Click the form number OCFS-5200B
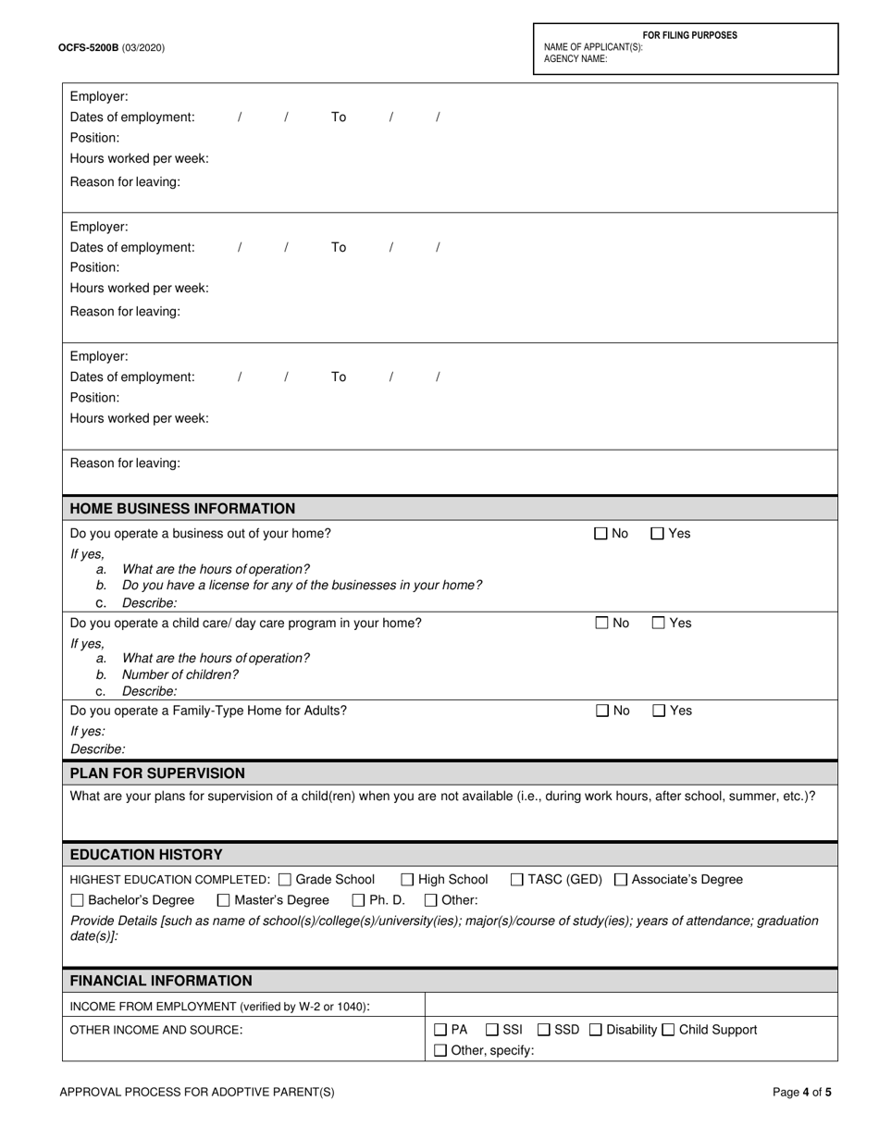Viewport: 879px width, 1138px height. [x=88, y=47]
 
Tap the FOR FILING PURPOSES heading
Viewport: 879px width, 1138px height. [x=690, y=35]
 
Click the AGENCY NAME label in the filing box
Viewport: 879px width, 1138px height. [x=576, y=59]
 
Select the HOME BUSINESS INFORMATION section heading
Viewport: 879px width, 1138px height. [x=183, y=509]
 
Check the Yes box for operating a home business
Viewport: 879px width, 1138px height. [x=658, y=534]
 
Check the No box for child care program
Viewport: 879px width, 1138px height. [x=601, y=624]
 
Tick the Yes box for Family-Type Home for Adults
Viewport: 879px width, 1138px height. [x=659, y=711]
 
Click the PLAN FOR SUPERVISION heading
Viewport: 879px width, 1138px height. [x=157, y=773]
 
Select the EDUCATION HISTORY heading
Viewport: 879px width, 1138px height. [x=146, y=855]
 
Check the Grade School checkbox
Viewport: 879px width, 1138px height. [x=285, y=880]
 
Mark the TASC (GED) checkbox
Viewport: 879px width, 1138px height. [x=517, y=880]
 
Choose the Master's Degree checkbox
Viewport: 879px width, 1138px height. [x=224, y=901]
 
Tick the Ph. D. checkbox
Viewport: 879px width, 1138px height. [x=359, y=901]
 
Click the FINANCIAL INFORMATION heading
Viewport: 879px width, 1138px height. [x=161, y=981]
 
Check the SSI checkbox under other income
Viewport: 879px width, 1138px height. [x=492, y=1030]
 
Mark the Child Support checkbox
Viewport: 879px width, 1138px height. [x=669, y=1030]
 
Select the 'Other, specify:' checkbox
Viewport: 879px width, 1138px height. [x=440, y=1050]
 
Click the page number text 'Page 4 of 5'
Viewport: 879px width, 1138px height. [x=802, y=1092]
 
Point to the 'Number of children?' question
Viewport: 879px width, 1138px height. [x=180, y=674]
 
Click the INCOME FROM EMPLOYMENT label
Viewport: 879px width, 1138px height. [x=220, y=1007]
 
